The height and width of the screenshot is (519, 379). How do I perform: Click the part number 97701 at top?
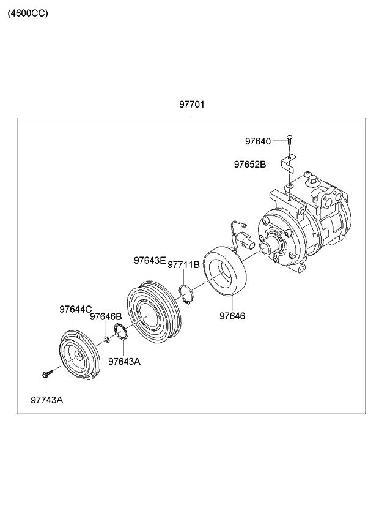[x=191, y=105]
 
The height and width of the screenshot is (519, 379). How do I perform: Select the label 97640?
[x=257, y=141]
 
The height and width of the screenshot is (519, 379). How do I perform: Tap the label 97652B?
[x=249, y=164]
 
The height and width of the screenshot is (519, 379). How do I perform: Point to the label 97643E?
[x=150, y=261]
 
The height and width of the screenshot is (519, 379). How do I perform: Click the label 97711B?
[x=183, y=265]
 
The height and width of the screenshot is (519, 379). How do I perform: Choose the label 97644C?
[x=75, y=309]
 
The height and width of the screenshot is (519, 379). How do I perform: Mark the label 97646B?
[x=106, y=316]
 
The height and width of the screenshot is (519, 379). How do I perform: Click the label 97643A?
[x=124, y=361]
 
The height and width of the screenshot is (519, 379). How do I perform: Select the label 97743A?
[x=46, y=400]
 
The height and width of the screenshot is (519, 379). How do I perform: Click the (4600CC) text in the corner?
[x=28, y=12]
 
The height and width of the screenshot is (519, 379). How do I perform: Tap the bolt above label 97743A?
[x=46, y=373]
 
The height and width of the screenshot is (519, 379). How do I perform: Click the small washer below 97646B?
[x=107, y=339]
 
